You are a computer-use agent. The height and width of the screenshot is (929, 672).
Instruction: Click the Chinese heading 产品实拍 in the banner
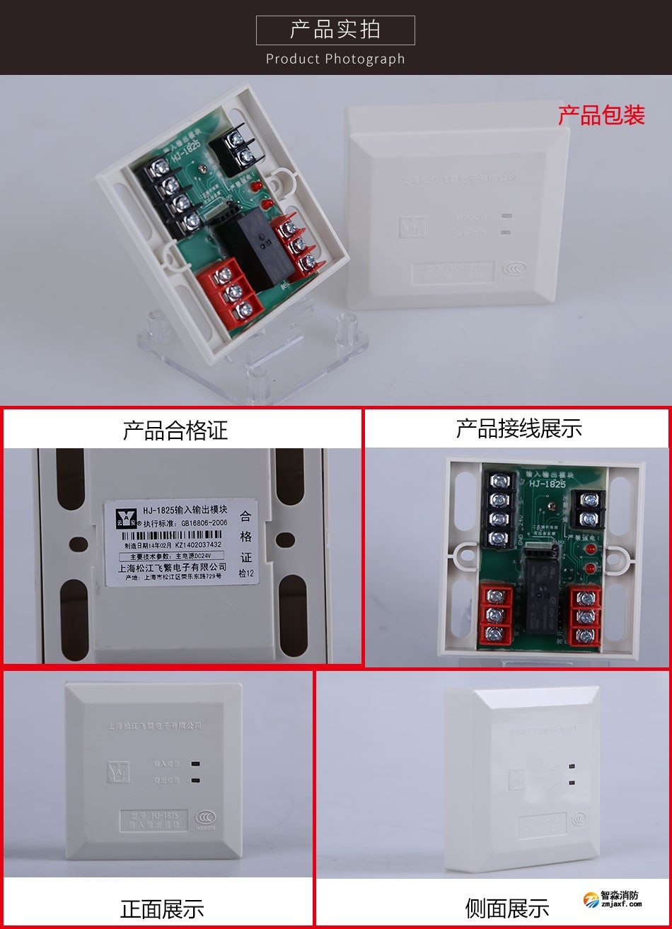[335, 30]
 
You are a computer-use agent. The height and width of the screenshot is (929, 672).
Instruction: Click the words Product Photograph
[335, 59]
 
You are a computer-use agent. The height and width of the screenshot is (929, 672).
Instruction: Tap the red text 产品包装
[601, 115]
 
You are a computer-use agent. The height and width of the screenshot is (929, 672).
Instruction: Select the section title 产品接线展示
[519, 428]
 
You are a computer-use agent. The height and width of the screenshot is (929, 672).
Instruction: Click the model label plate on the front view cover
[153, 819]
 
